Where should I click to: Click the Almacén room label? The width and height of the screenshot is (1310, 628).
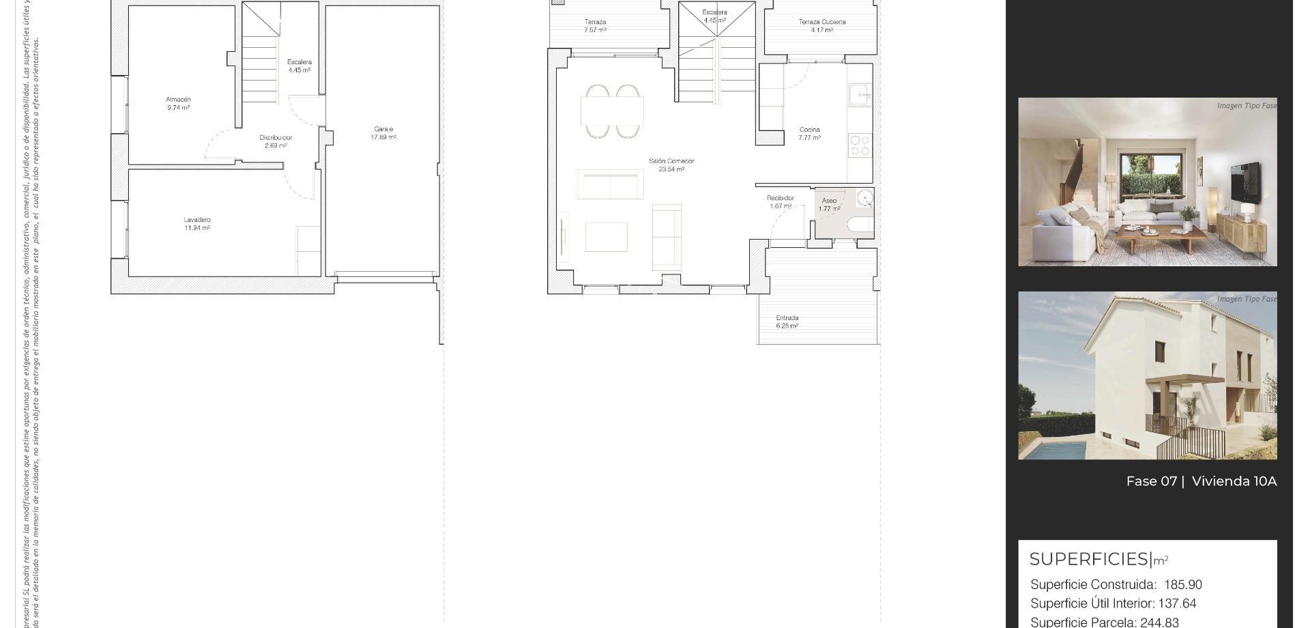point(178,103)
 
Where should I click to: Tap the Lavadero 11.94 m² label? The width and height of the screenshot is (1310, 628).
point(196,224)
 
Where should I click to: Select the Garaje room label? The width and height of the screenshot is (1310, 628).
point(383,132)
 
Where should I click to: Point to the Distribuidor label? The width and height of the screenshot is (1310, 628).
point(276,141)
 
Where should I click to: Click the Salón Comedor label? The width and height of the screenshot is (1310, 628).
point(671,165)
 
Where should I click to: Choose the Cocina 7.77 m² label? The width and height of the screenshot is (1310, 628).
point(809,133)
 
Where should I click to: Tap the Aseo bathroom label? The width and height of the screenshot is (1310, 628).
point(829,205)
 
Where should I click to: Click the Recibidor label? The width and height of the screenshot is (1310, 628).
point(781,201)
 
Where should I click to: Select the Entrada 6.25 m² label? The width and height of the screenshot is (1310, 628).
point(787,322)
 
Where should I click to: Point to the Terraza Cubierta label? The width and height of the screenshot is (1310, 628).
point(821,25)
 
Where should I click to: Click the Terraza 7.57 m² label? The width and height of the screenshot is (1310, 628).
point(595,26)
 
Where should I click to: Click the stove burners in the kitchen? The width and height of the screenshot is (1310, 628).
point(860,145)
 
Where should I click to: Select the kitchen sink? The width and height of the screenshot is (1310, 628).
point(859,95)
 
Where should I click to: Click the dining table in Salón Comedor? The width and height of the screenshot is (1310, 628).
point(612,111)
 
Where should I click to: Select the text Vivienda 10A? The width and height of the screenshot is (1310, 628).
point(1234,481)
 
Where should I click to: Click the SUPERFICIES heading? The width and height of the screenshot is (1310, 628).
point(1089,559)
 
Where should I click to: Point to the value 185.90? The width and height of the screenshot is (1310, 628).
point(1183,585)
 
